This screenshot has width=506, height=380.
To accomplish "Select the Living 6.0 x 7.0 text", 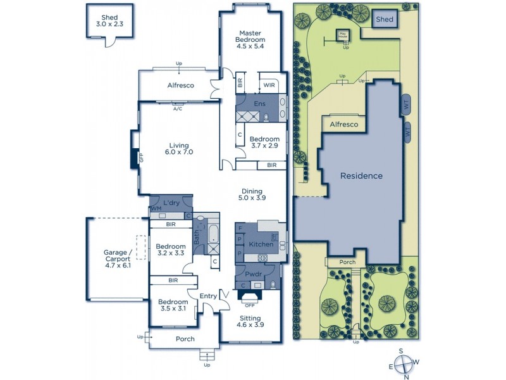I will pos(178,148).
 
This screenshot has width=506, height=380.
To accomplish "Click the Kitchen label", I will pos(260,244).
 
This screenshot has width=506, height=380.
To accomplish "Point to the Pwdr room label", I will pos(254,275).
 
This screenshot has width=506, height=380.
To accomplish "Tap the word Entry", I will pos(207,296).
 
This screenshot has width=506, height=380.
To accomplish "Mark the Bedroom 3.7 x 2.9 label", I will pos(264,143).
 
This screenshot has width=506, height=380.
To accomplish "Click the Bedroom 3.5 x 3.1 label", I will pos(172,306).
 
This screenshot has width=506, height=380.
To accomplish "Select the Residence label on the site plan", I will pos(361,175).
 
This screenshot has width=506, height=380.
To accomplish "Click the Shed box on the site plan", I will pos(385,20).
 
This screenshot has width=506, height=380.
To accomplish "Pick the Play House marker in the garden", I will pos(343,35).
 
